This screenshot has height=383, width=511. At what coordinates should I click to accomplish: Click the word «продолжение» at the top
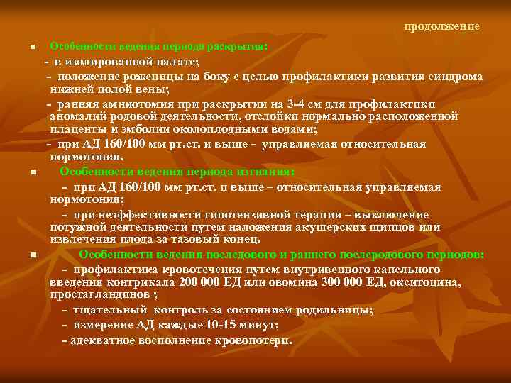pyautogui.click(x=441, y=27)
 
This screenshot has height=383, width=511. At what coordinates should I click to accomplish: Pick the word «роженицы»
pyautogui.click(x=181, y=77)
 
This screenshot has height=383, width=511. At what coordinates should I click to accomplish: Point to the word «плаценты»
pyautogui.click(x=75, y=130)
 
